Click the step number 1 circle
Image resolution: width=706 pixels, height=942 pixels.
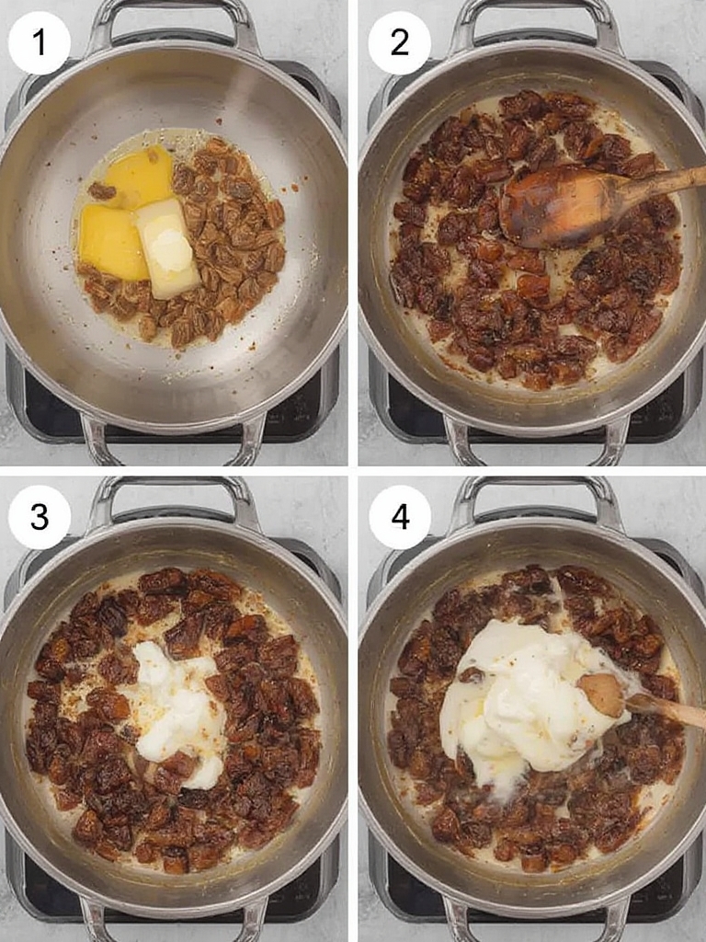pyautogui.click(x=39, y=43)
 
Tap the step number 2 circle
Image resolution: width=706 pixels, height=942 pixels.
pyautogui.click(x=399, y=43)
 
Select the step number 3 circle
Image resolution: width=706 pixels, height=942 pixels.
pyautogui.click(x=39, y=517)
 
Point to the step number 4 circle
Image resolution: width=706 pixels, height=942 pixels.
pyautogui.click(x=399, y=517)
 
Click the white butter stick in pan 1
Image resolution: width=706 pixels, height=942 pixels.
pyautogui.click(x=167, y=249)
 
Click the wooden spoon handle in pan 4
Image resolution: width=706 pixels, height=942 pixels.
pyautogui.click(x=666, y=709)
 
